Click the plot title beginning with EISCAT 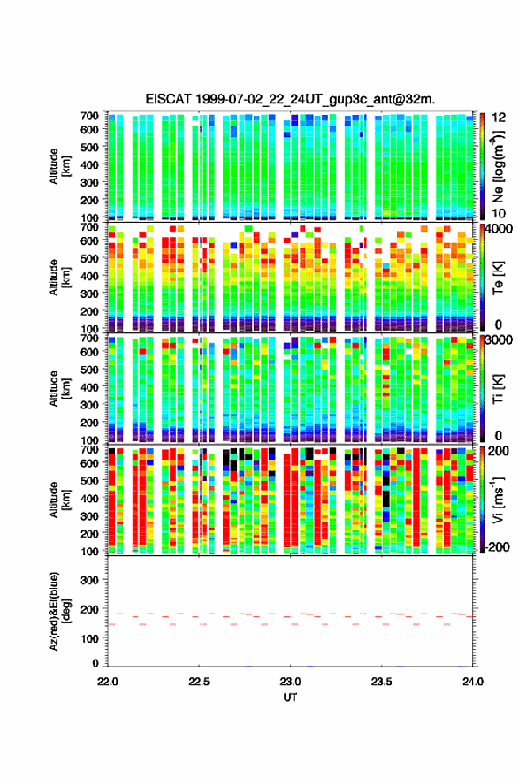coord(290,99)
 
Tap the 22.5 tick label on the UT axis coord(199,682)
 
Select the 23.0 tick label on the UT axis coord(290,682)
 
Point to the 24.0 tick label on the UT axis coord(473,682)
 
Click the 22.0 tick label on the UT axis coord(108,682)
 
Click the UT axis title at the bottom coord(290,698)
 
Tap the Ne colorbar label coord(498,166)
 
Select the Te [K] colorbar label coord(498,278)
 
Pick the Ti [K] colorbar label coord(498,388)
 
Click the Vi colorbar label coord(498,500)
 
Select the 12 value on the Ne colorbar coord(499,117)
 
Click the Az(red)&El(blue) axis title coord(59,611)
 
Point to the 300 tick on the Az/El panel coord(90,580)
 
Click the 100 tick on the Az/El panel coord(90,638)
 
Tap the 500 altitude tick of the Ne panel coord(90,147)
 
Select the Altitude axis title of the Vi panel coord(59,500)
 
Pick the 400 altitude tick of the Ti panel coord(90,387)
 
